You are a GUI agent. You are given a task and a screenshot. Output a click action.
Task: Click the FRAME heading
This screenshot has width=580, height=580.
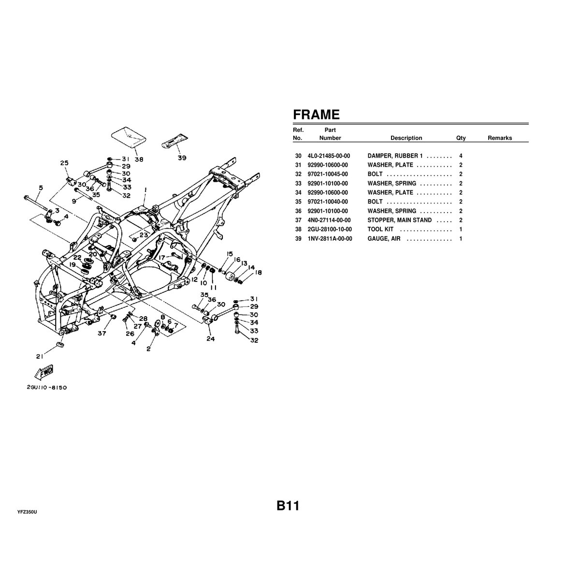pos(316,115)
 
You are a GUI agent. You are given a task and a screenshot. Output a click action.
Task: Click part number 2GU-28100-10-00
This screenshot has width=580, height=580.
pos(330,229)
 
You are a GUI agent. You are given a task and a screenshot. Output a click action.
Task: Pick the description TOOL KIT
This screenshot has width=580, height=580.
pos(380,229)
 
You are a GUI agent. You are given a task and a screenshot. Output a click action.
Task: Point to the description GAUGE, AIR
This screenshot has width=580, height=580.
pos(384,239)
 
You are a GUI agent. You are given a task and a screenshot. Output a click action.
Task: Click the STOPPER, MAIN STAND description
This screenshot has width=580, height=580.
pos(399,220)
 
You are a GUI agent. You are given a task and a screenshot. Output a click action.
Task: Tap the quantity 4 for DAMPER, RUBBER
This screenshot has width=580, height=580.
pos(461,156)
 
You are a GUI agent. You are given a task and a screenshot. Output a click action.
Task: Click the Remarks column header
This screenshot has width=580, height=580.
pos(499,138)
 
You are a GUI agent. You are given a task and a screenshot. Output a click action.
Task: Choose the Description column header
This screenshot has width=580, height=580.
pos(406,138)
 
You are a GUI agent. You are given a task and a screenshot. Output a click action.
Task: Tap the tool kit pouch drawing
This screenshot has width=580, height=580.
pos(129,139)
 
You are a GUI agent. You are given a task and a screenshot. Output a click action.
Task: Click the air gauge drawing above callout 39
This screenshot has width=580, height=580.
pos(175,141)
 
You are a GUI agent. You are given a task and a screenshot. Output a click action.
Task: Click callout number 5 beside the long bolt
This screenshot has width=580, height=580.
pos(41,188)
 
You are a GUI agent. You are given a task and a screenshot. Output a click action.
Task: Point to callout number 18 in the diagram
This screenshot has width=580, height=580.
pos(258,273)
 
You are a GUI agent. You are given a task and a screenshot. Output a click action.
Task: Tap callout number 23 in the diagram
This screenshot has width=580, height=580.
pos(144,235)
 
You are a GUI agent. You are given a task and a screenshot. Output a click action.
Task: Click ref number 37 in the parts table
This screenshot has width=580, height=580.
pos(298,220)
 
